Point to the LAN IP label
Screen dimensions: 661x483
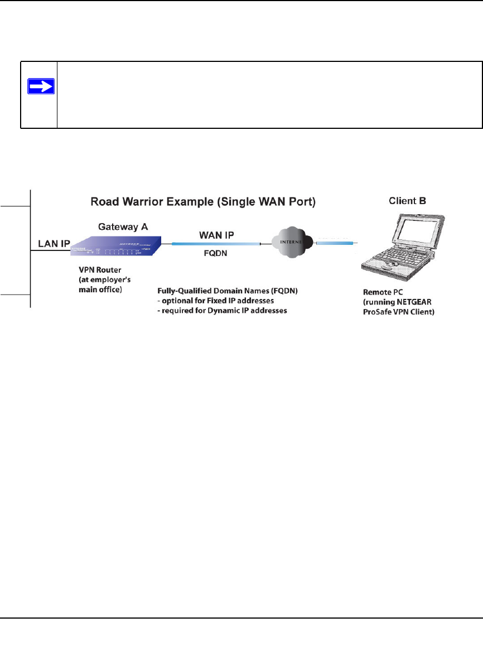coord(54,244)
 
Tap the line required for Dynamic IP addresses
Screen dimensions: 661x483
coord(223,311)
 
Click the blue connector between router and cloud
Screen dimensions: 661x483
coord(216,244)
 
